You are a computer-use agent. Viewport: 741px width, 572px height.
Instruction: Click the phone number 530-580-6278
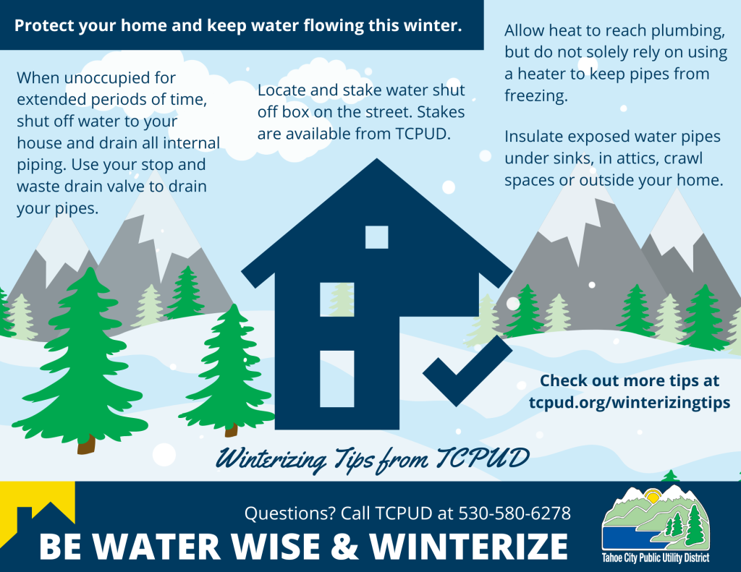click(515, 514)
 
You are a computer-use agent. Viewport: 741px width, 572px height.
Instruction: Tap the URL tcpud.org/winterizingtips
click(629, 403)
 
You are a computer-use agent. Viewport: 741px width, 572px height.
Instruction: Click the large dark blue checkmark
click(467, 371)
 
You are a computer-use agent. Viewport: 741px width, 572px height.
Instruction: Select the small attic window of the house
click(376, 237)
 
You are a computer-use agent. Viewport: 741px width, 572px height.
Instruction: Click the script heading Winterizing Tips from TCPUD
click(373, 458)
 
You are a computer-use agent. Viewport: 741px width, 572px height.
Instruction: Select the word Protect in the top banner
click(46, 26)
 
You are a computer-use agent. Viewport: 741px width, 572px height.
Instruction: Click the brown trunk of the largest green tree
click(86, 443)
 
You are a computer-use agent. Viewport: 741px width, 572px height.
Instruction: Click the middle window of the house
click(337, 299)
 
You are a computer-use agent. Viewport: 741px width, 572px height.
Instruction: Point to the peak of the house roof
click(376, 161)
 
